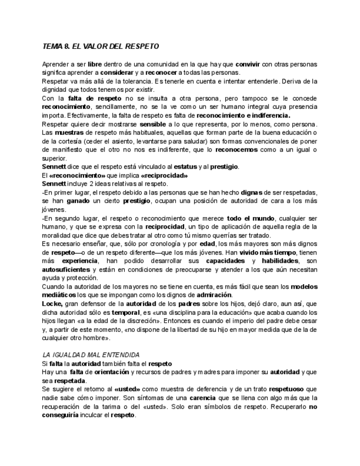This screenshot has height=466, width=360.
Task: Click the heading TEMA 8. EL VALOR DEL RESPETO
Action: pyautogui.click(x=101, y=47)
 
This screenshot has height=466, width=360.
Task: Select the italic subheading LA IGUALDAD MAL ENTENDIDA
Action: pyautogui.click(x=91, y=355)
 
